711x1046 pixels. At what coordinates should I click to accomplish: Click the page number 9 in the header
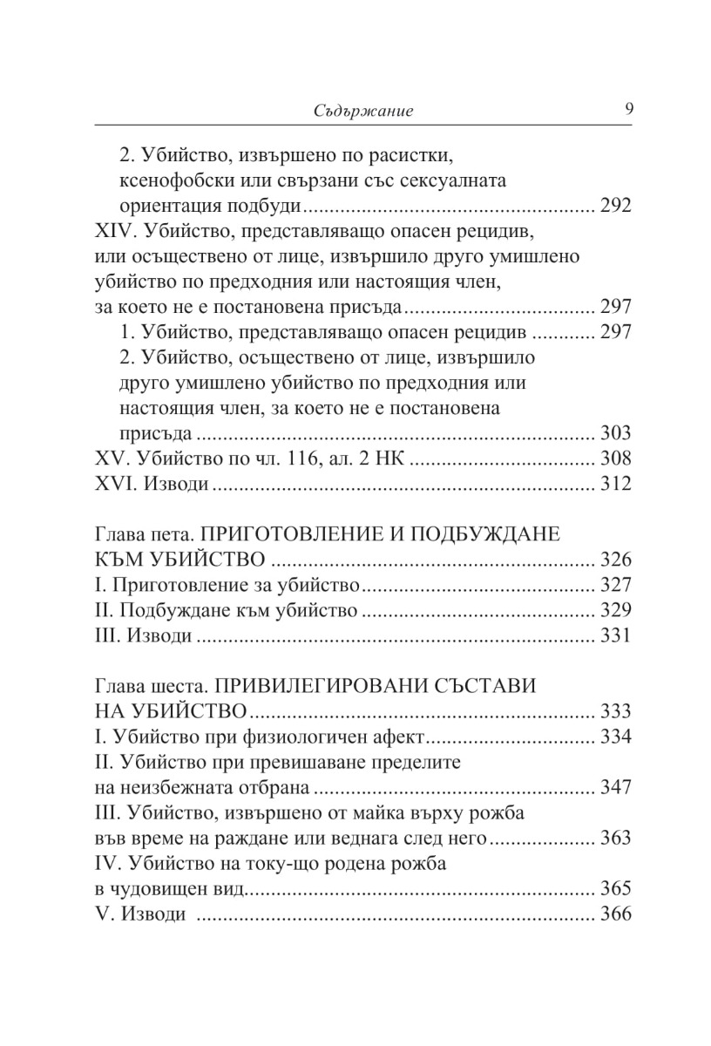pyautogui.click(x=628, y=109)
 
